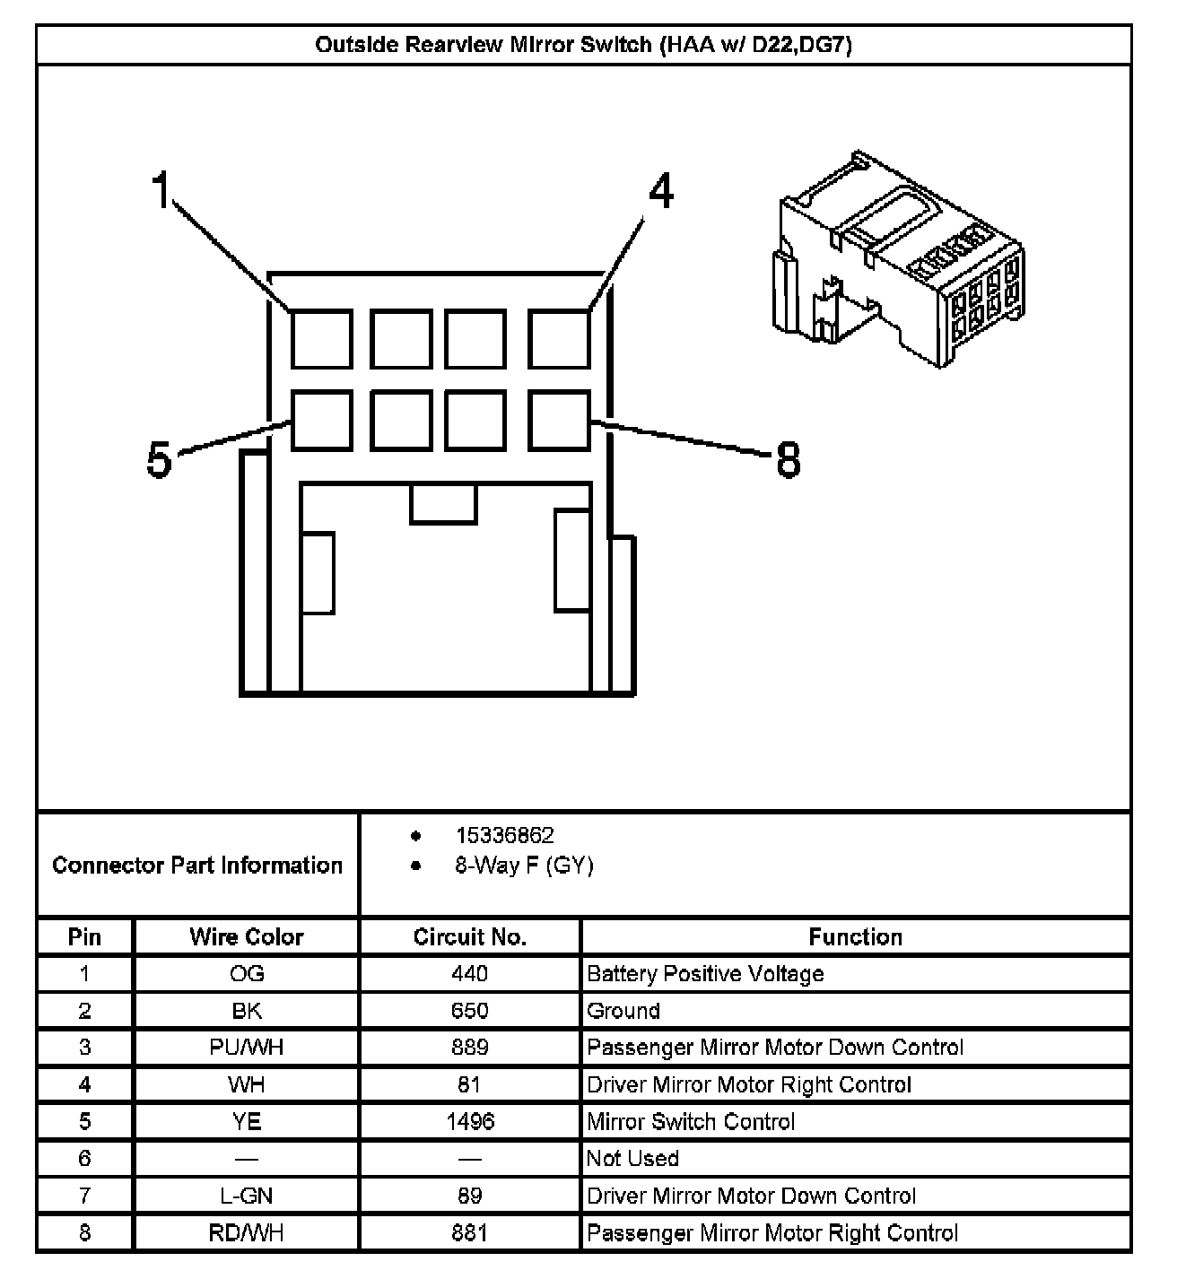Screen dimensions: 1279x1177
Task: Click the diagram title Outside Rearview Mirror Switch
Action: coord(583,45)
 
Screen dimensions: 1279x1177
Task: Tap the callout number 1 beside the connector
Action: coord(161,191)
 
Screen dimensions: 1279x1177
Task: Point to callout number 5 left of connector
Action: coord(159,460)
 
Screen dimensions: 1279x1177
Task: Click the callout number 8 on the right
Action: coord(787,460)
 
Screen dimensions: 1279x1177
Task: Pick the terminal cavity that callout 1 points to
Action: coord(321,338)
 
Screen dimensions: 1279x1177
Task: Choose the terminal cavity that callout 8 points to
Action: coord(559,419)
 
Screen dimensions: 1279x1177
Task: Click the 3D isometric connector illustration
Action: coord(897,260)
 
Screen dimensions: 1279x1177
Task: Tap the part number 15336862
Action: coord(504,836)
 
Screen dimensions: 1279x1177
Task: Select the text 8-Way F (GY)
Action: coord(524,866)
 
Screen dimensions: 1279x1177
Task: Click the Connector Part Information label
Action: coord(197,866)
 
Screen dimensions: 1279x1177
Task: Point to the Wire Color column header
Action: coord(246,937)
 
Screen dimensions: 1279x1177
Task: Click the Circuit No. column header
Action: coord(469,937)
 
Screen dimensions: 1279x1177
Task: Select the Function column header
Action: coord(855,937)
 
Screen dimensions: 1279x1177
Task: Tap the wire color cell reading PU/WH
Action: coord(246,1048)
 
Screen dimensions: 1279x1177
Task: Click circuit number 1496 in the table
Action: coord(469,1121)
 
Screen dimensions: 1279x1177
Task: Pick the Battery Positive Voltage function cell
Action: coord(705,974)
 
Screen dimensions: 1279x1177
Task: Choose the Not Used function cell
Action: coord(632,1159)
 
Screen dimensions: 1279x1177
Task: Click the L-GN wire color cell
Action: coord(246,1196)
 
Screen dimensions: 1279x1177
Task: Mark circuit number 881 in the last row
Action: coord(469,1233)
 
